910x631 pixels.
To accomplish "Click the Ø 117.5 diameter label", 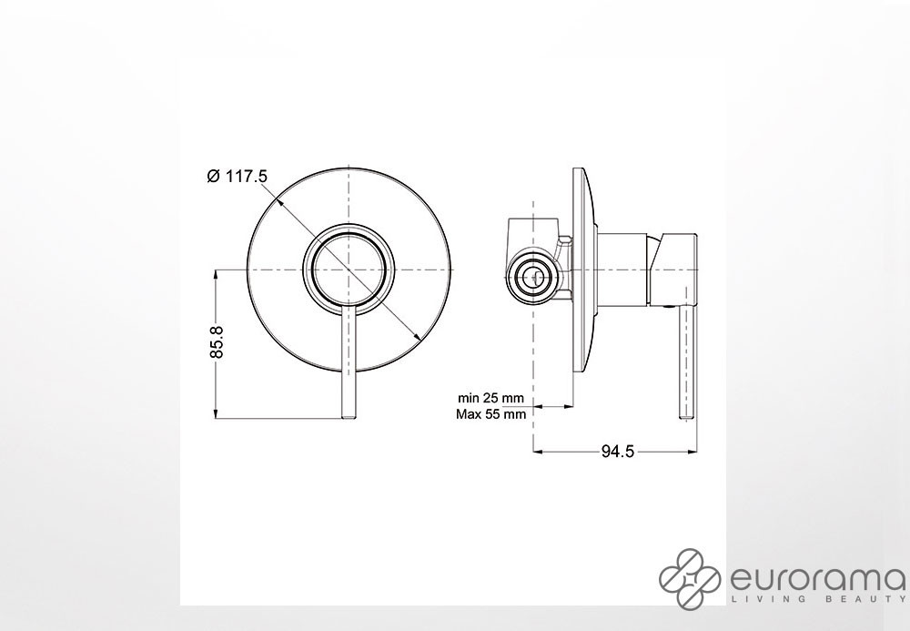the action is pyautogui.click(x=238, y=176).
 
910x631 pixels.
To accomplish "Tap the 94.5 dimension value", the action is pyautogui.click(x=618, y=451).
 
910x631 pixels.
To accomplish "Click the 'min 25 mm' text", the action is pyautogui.click(x=490, y=398).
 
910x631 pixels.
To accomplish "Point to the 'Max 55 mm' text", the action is pyautogui.click(x=491, y=414).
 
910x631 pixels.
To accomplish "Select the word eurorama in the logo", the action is pyautogui.click(x=815, y=579).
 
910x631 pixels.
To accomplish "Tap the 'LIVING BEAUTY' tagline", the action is pyautogui.click(x=817, y=599).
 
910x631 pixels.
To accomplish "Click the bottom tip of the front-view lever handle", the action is pyautogui.click(x=349, y=417).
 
